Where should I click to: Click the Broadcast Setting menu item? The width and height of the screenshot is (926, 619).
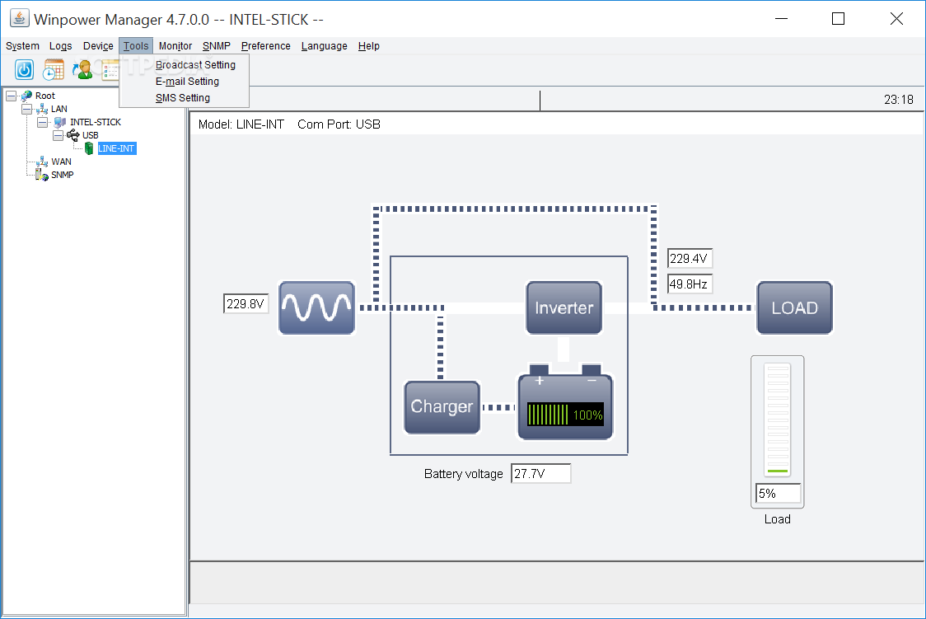[x=195, y=65]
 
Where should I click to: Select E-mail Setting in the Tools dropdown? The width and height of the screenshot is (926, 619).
[x=187, y=82]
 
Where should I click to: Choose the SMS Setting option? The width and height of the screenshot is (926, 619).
[x=182, y=98]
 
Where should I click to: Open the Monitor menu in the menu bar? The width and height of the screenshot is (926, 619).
[x=175, y=46]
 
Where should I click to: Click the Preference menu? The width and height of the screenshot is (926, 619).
[x=265, y=46]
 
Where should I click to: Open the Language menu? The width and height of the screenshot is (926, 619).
[x=324, y=46]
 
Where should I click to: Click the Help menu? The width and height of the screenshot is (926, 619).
[x=368, y=46]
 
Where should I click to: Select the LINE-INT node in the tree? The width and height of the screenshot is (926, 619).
[x=116, y=148]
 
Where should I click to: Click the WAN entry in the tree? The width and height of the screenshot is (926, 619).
[x=61, y=162]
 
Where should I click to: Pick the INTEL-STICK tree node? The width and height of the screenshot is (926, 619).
[x=95, y=122]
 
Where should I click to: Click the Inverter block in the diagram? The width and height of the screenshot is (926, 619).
[x=564, y=307]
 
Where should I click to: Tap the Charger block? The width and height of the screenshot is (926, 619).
[x=442, y=406]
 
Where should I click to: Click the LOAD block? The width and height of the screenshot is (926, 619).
[x=794, y=307]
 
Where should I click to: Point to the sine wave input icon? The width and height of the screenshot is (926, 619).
[x=316, y=307]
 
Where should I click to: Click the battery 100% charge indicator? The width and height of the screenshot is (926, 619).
[x=565, y=415]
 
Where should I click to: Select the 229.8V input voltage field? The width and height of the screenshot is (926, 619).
[x=246, y=304]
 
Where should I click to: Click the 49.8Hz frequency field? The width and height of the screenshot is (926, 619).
[x=690, y=284]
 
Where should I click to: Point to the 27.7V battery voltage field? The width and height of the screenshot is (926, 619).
[x=540, y=474]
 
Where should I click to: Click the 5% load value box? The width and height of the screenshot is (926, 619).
[x=778, y=494]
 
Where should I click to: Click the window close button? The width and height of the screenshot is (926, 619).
[x=896, y=18]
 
